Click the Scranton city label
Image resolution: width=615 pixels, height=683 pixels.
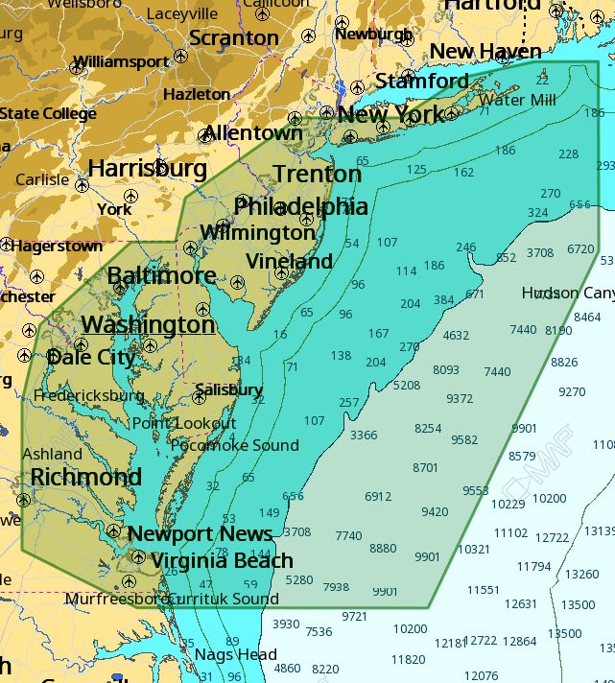coord(234,38)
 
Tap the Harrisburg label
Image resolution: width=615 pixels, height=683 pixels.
coord(147,169)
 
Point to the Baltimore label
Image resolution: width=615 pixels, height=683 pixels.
coord(161,276)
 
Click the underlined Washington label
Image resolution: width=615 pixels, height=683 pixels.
coord(148,324)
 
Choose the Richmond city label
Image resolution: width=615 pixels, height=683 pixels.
coord(85,477)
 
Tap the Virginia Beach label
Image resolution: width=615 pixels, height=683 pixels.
coord(222,560)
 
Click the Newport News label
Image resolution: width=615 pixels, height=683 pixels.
coord(200,533)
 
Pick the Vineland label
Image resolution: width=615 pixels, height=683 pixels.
coord(289,261)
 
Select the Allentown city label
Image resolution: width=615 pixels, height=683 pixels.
coord(252,133)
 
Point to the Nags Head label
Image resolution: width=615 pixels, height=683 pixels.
coord(236,654)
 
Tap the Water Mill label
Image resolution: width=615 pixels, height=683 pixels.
coord(517,100)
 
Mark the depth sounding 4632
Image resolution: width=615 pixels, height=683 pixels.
coord(456,336)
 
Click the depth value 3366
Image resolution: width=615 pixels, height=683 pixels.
coord(364,435)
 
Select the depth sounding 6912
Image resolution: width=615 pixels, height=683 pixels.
coord(378,496)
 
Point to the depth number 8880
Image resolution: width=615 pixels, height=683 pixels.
coord(383,548)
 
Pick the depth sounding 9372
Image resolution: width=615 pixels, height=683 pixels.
coord(460,399)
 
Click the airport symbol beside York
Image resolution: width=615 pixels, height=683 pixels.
coord(131,196)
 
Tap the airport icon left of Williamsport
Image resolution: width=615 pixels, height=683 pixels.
coord(78,66)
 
